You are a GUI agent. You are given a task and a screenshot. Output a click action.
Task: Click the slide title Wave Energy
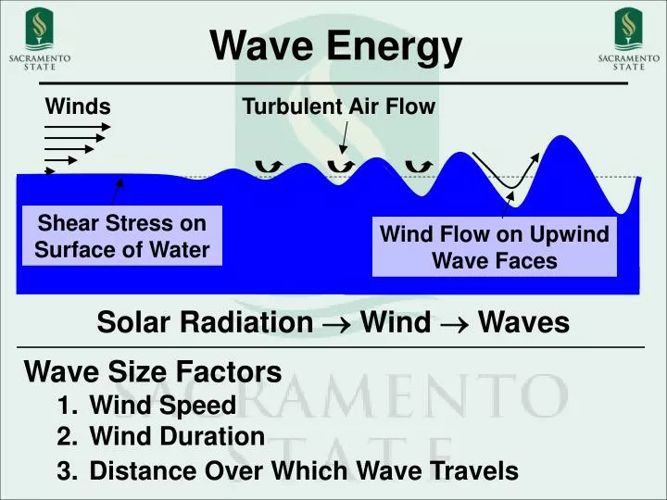[x=334, y=46]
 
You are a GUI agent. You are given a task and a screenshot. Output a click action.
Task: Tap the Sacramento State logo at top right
[x=628, y=38]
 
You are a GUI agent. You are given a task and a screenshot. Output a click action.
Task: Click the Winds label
[x=78, y=107]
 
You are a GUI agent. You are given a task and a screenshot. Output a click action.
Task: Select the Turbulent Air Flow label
[x=338, y=107]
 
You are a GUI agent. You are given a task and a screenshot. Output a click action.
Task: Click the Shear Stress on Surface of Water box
[x=122, y=236]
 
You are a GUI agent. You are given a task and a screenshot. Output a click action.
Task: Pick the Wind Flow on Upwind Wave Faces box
[x=495, y=247]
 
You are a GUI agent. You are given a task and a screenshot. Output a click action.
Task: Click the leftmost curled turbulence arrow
[x=269, y=166]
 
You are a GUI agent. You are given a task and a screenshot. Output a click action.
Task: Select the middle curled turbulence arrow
[x=343, y=165]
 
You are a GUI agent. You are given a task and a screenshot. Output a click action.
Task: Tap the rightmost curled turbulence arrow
[x=419, y=165]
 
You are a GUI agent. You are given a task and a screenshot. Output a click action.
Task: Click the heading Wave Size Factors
[x=153, y=372]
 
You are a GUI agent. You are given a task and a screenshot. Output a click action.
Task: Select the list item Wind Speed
[x=163, y=406]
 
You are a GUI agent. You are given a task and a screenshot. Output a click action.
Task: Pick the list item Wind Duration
[x=177, y=436]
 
